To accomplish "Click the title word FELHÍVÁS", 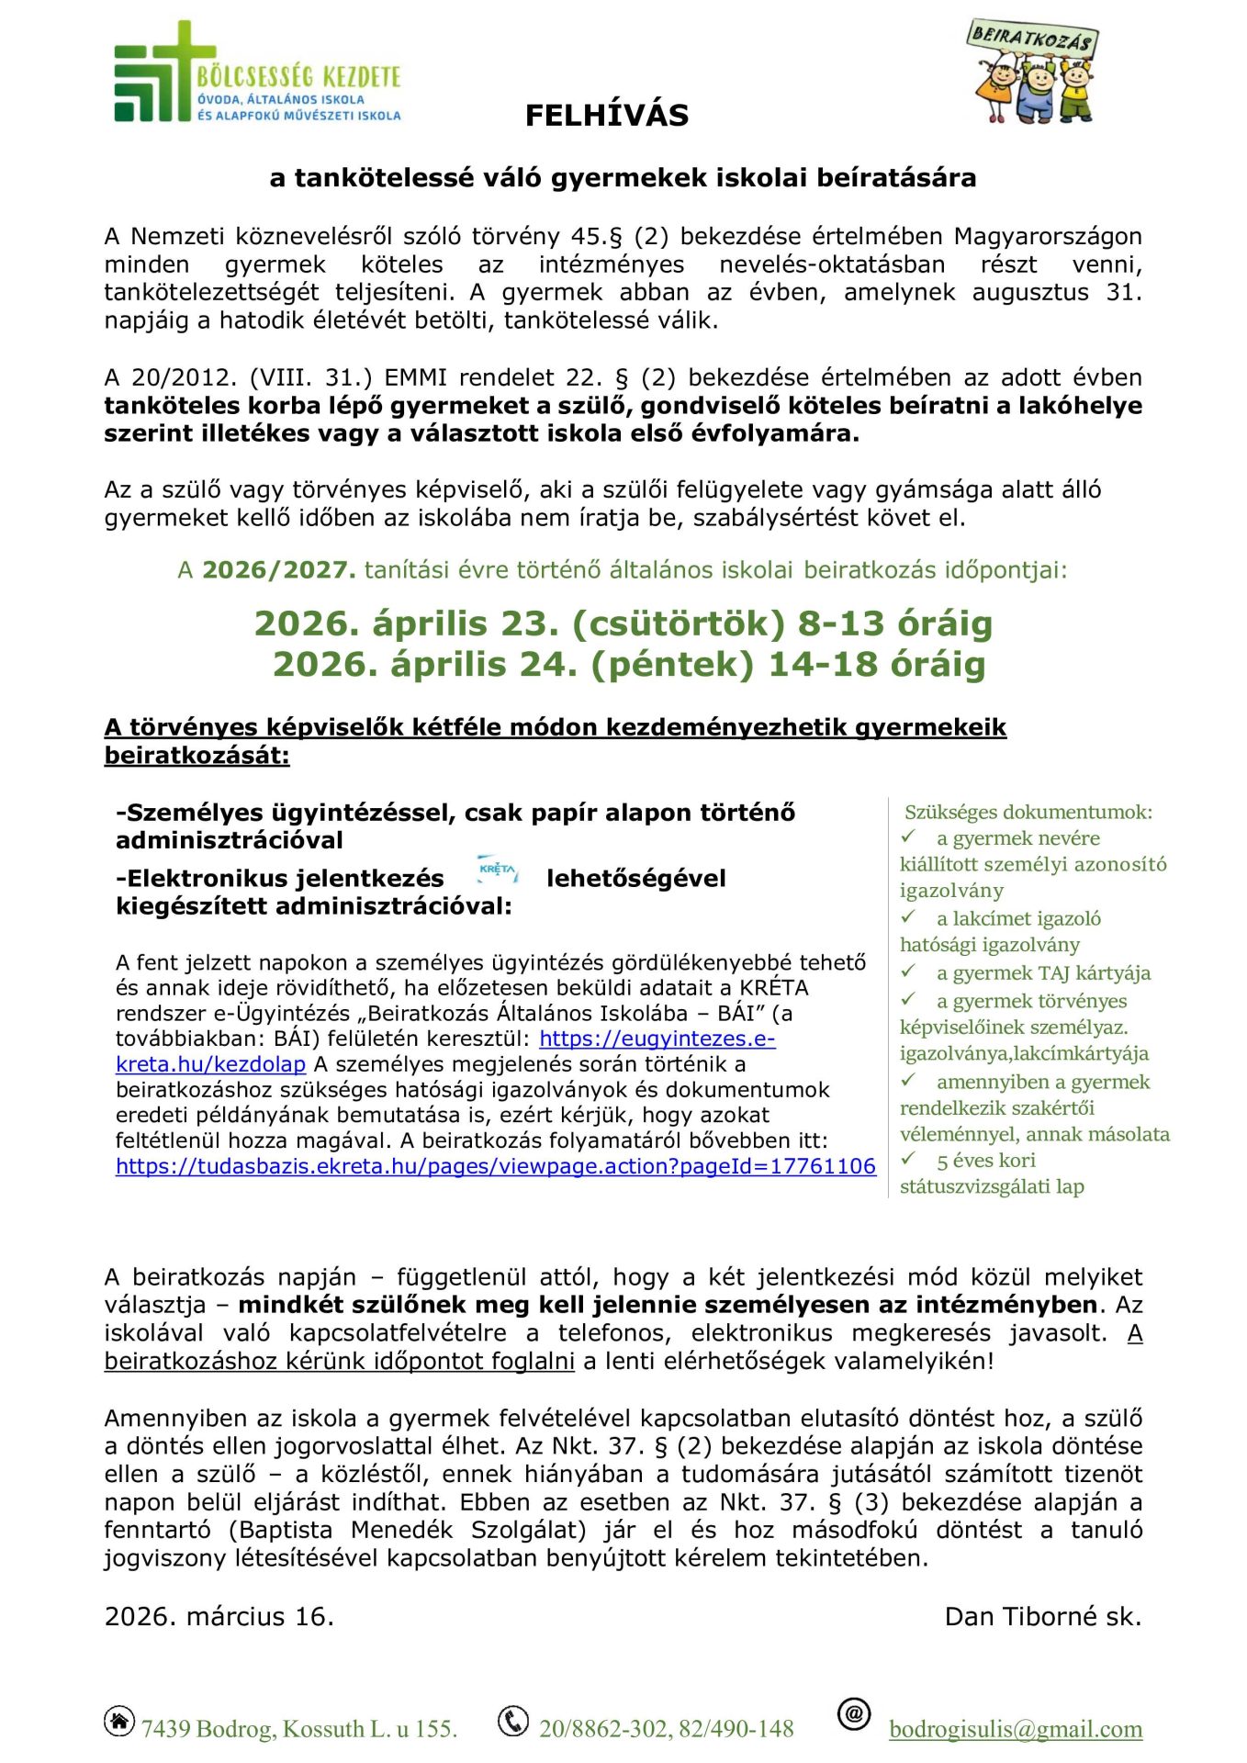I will pyautogui.click(x=606, y=116).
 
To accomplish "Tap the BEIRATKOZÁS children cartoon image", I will pyautogui.click(x=1033, y=73).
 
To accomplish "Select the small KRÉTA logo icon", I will pyautogui.click(x=497, y=870).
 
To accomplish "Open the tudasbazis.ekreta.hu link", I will pyautogui.click(x=495, y=1166).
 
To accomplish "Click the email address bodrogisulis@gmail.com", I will pyautogui.click(x=1016, y=1729).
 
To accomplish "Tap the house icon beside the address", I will pyautogui.click(x=119, y=1721).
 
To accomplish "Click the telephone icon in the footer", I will pyautogui.click(x=512, y=1721).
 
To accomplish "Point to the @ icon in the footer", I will pyautogui.click(x=854, y=1713).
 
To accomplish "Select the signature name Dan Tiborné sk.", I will pyautogui.click(x=1042, y=1616).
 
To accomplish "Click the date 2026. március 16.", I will pyautogui.click(x=219, y=1616).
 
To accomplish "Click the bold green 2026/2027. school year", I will pyautogui.click(x=278, y=570).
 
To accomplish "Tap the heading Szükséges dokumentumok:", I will pyautogui.click(x=1028, y=812).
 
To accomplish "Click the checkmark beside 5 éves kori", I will pyautogui.click(x=909, y=1159).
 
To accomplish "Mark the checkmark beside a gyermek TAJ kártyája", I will pyautogui.click(x=909, y=971).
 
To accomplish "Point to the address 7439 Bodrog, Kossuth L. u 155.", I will pyautogui.click(x=298, y=1729).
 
